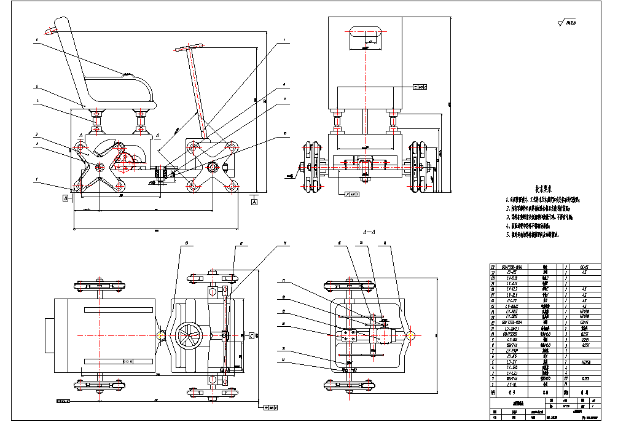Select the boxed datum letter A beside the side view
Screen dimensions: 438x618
pos(254,201)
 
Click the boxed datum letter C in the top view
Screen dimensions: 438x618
pos(251,335)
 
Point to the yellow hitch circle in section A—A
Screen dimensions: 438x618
pos(410,335)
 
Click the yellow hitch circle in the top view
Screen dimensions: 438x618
pos(161,335)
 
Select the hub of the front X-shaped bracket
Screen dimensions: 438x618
pos(213,166)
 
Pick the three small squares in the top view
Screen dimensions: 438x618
pos(128,362)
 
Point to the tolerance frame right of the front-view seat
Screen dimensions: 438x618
pos(419,87)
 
